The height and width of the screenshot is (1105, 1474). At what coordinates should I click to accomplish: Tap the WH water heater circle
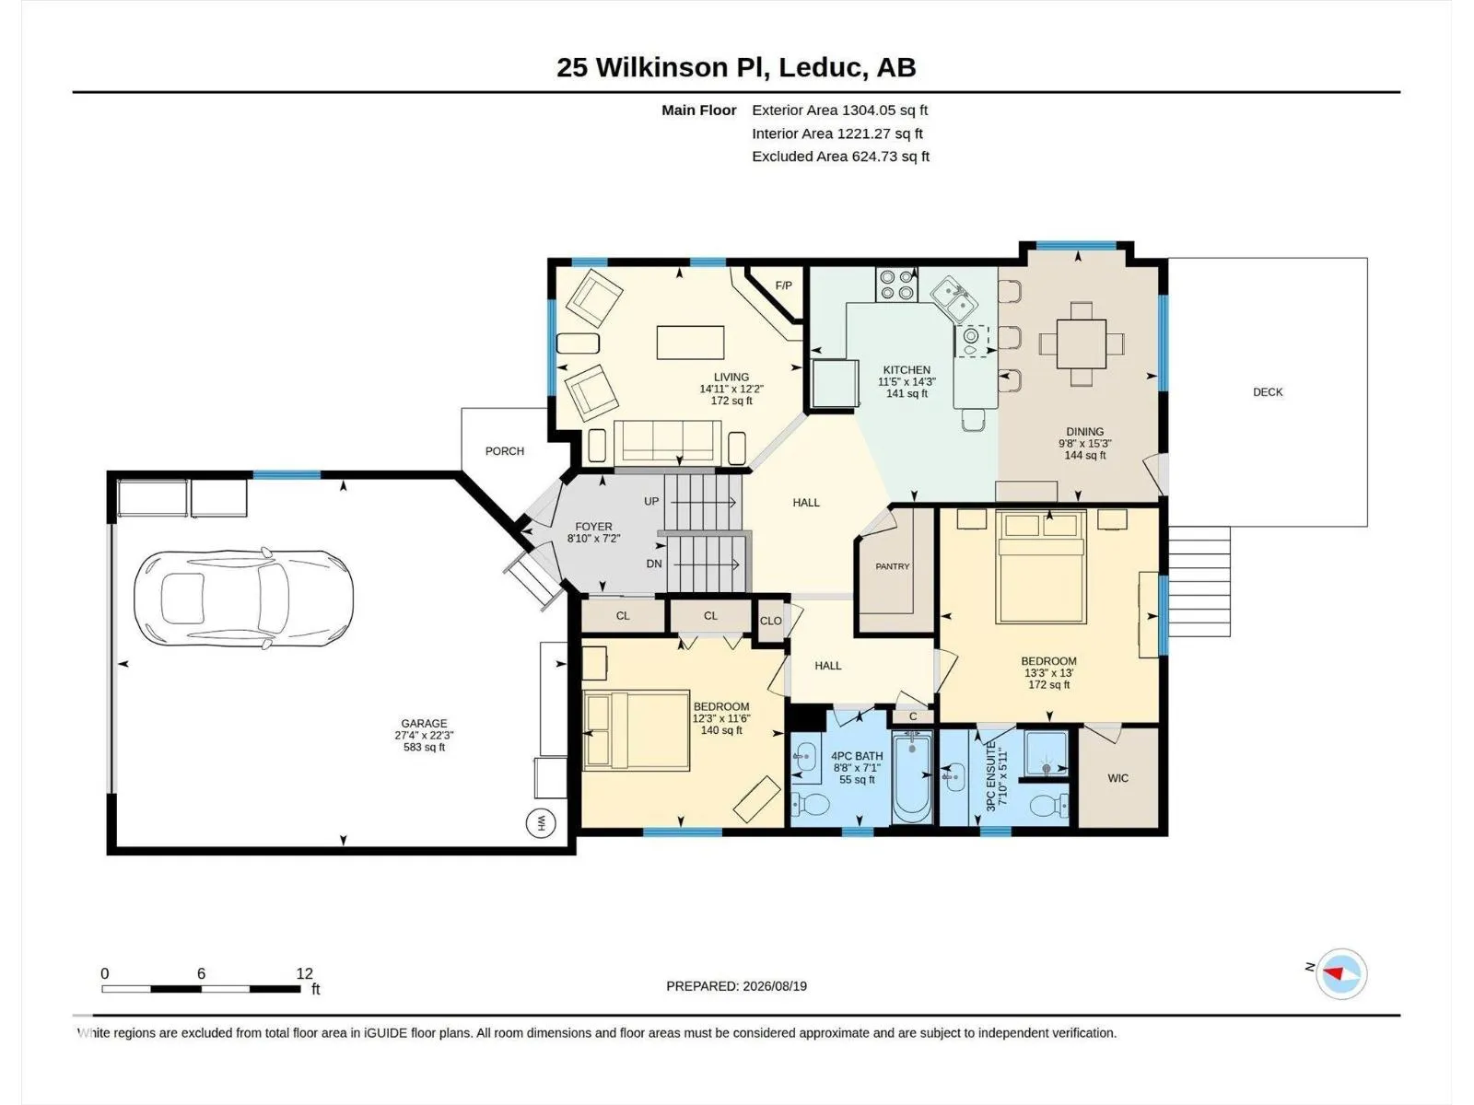click(x=541, y=823)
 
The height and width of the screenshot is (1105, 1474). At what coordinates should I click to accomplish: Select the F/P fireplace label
click(x=784, y=285)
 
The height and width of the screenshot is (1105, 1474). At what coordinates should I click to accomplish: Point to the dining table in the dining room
click(x=1082, y=343)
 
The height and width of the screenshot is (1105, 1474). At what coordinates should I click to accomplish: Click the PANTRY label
click(x=893, y=566)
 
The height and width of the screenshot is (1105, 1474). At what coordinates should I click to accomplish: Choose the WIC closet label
click(x=1118, y=778)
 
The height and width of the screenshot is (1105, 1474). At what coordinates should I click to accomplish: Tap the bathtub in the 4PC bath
click(x=912, y=777)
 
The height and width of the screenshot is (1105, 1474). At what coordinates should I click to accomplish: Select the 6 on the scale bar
click(x=201, y=973)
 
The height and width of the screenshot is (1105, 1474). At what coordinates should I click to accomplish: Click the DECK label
click(x=1268, y=392)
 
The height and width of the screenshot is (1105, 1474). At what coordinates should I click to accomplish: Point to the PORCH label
click(x=505, y=451)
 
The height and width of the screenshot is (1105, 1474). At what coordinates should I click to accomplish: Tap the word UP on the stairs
click(x=651, y=501)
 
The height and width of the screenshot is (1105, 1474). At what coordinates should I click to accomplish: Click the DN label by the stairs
click(x=654, y=564)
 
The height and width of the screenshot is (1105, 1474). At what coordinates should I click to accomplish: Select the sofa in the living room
click(x=668, y=441)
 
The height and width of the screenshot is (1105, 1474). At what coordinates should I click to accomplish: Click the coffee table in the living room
click(x=690, y=343)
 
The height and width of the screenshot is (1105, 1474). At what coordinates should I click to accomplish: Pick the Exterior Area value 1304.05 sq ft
click(x=885, y=110)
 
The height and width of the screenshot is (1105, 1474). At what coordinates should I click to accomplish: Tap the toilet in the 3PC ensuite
click(x=1049, y=805)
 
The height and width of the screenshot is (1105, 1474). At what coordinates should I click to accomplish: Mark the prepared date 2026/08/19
click(x=775, y=986)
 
